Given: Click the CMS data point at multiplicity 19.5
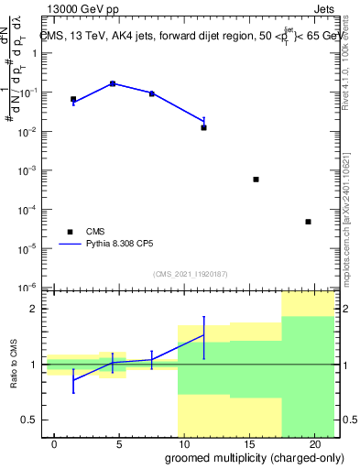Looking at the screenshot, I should tap(308, 222).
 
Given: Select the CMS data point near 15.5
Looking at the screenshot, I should tap(256, 180).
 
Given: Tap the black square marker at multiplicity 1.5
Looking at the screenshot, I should tap(73, 99).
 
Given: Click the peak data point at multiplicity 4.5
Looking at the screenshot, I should tap(113, 83).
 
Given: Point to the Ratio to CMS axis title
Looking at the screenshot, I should tap(14, 366).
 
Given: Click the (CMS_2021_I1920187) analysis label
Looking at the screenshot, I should tap(191, 274).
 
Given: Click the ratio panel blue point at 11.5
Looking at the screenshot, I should tap(203, 335).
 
